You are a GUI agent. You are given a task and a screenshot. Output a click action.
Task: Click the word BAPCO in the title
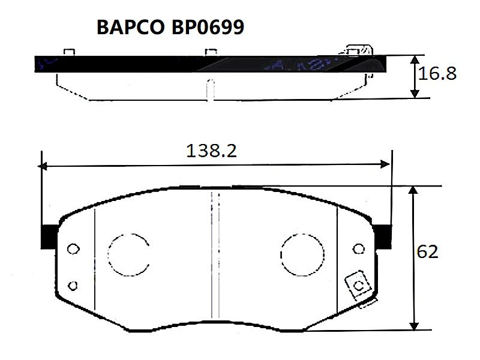131,27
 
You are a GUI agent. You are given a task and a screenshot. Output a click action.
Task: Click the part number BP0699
208,27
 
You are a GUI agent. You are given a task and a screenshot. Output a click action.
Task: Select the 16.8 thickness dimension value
437,74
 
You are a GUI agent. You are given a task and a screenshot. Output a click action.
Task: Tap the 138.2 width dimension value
212,151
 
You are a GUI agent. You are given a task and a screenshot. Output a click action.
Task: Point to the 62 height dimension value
427,252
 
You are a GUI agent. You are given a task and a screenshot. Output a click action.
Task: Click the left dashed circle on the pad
108,254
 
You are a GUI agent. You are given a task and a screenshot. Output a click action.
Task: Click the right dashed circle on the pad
302,234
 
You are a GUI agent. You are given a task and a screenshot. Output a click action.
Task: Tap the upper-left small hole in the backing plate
73,249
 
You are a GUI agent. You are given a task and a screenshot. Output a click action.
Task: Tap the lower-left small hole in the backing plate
73,286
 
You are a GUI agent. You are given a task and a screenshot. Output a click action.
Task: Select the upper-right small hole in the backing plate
358,249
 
